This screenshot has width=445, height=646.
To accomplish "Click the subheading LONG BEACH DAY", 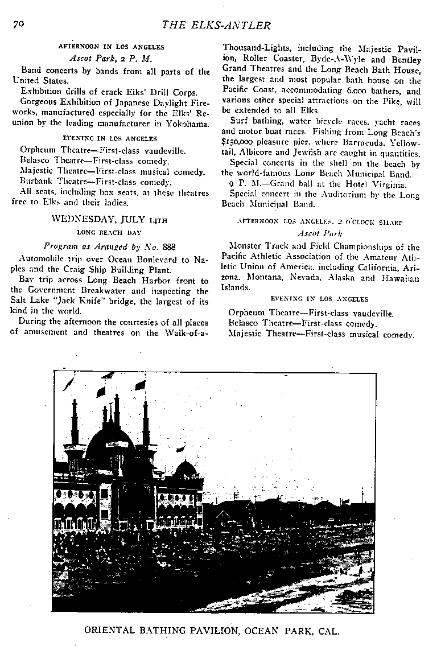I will (108, 232).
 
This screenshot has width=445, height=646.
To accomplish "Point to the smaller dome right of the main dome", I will (186, 470).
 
